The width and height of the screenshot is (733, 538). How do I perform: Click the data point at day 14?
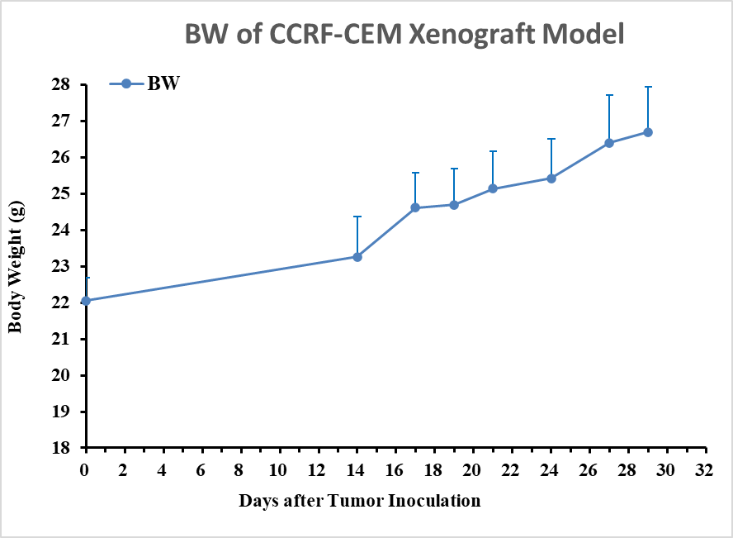(357, 257)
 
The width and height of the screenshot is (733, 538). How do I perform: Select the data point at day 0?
(86, 300)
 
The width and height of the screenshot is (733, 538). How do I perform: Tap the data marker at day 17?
(415, 207)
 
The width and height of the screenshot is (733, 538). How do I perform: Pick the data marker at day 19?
(454, 205)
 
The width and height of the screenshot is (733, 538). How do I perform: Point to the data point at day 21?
(493, 188)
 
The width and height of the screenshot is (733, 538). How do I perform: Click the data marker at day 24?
(551, 179)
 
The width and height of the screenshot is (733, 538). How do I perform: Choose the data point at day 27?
(609, 143)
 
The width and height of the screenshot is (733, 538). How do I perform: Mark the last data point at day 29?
(648, 132)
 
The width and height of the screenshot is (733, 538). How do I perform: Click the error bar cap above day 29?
(648, 87)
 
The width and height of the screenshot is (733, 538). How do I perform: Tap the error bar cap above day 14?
(357, 217)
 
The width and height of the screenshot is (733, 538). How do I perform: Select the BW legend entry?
(144, 83)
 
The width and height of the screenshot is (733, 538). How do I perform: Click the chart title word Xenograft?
(472, 35)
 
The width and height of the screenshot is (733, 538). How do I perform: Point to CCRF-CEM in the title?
(335, 34)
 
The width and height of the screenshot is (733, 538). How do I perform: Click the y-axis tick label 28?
(61, 84)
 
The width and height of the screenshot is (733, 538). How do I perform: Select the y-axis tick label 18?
(61, 448)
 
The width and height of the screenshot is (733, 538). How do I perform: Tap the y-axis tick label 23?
(61, 267)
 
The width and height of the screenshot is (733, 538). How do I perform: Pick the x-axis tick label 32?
(704, 469)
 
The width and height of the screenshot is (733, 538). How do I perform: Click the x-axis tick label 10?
(278, 469)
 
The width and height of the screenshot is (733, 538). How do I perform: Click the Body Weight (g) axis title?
(16, 267)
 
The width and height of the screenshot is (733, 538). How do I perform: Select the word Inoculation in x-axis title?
(434, 501)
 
